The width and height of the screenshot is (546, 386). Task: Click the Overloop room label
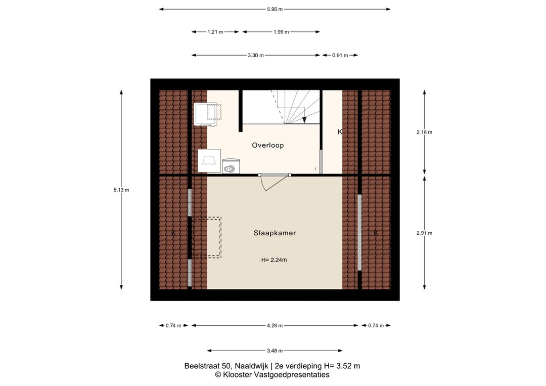pos(268,145)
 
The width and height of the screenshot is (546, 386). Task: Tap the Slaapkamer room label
pos(275,233)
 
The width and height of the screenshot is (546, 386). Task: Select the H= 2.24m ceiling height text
pos(274,260)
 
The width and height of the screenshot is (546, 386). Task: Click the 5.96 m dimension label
pos(275,10)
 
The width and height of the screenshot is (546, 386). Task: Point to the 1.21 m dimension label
pos(215,32)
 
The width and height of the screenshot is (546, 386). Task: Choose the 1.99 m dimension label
pos(281,32)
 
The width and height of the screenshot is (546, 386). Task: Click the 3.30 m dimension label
pos(256,55)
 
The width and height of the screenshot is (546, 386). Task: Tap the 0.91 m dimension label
pos(340,55)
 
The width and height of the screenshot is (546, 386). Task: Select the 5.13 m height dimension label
pos(121,190)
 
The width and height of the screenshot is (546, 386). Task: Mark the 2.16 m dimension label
pos(424,133)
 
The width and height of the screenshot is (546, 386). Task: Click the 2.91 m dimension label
pos(424,233)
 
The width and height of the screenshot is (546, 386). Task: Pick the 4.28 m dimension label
pos(275,326)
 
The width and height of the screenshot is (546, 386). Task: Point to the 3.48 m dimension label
pos(275,351)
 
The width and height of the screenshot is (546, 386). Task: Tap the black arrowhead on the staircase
pos(304,120)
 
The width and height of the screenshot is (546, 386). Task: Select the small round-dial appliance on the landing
pos(231,166)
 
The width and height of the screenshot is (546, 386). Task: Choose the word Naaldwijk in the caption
pos(251,366)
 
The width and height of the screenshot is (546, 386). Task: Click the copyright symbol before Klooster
pos(218,375)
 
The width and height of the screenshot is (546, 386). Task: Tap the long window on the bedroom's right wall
pos(360,232)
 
